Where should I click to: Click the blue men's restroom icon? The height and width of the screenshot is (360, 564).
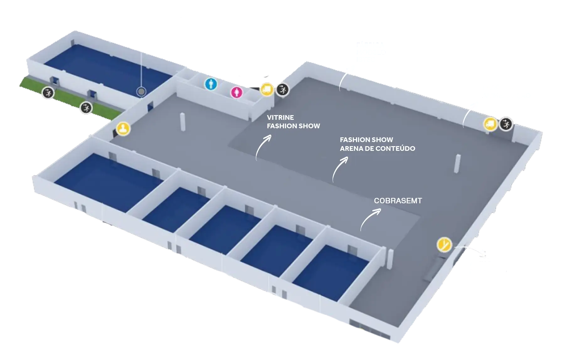coord(211,84)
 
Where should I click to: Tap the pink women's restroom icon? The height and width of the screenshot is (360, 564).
coord(237,92)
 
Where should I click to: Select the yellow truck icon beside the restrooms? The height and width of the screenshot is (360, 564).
coord(267,89)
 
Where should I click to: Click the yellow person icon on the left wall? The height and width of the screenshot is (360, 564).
coord(123,129)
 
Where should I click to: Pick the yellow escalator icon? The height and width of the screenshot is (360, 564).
coord(444,245)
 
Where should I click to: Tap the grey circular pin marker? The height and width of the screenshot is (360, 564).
coord(141,92)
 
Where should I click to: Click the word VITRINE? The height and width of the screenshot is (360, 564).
coord(280,118)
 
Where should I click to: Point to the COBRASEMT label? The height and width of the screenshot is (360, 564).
coord(398,201)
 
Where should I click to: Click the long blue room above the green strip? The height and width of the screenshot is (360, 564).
coord(107,69)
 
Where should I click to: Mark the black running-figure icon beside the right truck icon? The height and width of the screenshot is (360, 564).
coord(506,124)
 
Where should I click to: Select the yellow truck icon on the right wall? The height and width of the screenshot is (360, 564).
coord(490,124)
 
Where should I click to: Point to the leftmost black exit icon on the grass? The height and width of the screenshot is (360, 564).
coord(48,93)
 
